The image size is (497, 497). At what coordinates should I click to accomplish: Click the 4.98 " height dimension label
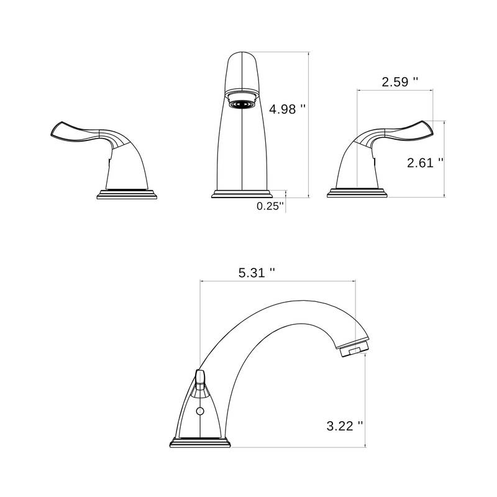(287, 109)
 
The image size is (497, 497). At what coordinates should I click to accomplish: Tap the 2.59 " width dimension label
(399, 81)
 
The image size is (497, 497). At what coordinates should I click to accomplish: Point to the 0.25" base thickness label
(270, 206)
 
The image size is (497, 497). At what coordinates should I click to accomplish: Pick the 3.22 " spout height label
(344, 426)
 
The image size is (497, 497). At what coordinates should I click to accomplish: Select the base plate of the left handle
(127, 194)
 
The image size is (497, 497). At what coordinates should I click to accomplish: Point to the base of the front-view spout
(241, 194)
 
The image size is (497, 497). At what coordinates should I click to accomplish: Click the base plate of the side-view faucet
(200, 442)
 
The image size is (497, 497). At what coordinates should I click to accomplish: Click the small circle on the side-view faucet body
(200, 411)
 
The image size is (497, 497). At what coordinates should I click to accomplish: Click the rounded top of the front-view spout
(241, 60)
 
